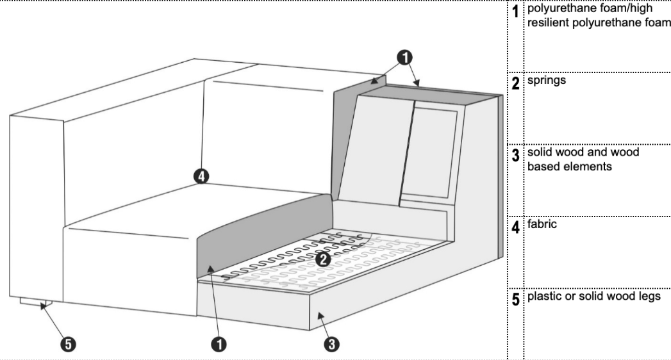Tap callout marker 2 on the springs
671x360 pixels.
pos(323,259)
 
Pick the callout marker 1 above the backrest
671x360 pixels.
pos(404,58)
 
